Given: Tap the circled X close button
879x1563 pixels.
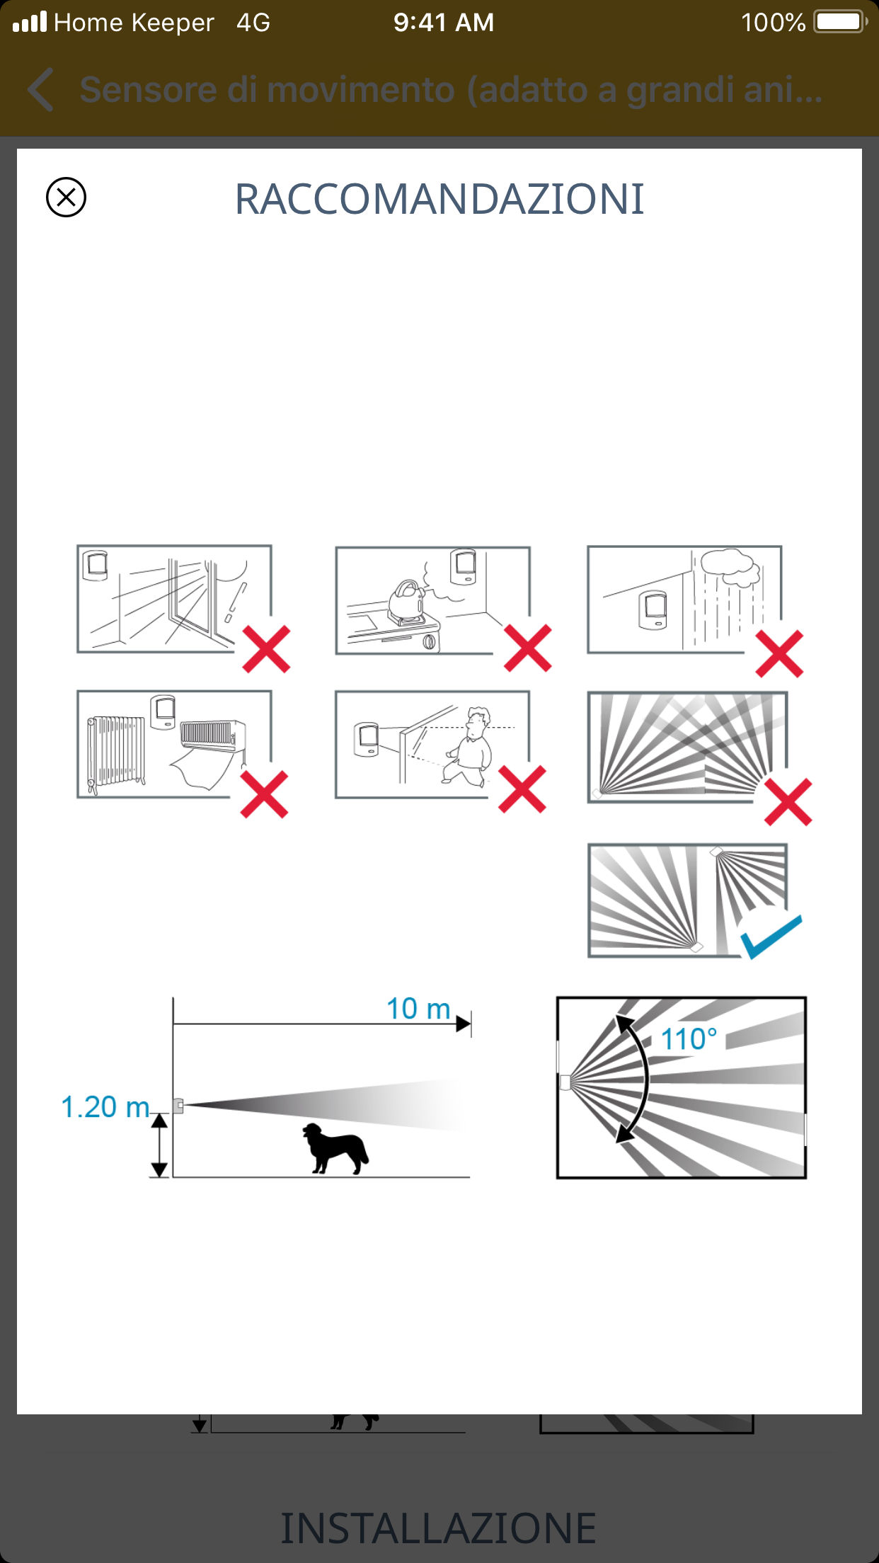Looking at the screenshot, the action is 66,197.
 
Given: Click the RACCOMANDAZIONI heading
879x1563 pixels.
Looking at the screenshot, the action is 439,199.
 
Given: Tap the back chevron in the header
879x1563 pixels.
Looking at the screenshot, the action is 41,90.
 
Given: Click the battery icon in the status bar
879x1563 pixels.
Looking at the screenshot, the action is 841,22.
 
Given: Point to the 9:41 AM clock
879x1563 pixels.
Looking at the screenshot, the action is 444,23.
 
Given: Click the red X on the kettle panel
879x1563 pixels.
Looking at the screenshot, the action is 528,648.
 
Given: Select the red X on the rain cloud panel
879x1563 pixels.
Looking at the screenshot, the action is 779,653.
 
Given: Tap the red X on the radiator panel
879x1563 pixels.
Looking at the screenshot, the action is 264,794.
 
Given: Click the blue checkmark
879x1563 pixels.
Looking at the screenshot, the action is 771,936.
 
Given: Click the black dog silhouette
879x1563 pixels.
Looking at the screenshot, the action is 335,1148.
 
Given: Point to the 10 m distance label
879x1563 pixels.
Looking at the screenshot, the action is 418,1009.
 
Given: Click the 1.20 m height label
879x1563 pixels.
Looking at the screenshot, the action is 105,1107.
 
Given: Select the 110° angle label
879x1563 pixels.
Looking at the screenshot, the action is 689,1039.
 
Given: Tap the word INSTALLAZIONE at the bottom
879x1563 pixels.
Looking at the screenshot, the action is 439,1528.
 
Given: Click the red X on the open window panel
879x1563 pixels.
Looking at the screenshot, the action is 266,649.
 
